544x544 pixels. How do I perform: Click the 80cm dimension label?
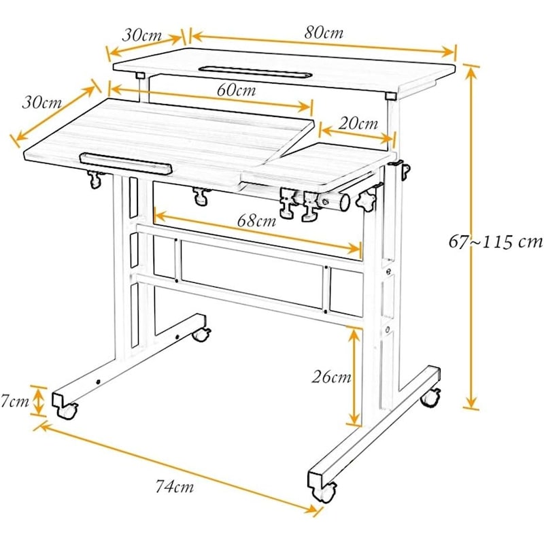(x=324, y=33)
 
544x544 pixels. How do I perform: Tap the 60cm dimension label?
(x=236, y=90)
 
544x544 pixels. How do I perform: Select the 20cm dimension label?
(x=358, y=123)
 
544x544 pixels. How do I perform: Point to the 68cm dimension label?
(x=257, y=220)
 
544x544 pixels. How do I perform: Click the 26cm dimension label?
(x=331, y=377)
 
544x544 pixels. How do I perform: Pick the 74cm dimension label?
(x=174, y=486)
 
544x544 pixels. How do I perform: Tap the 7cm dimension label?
(x=14, y=401)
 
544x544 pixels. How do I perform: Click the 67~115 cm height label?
(x=496, y=241)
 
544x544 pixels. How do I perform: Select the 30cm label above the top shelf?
(x=142, y=35)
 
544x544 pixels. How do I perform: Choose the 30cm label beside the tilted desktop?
(x=41, y=103)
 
